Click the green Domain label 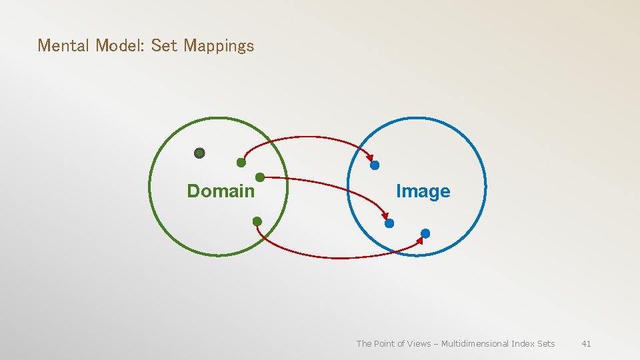[221, 191]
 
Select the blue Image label [423, 191]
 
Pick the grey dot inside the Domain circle [199, 153]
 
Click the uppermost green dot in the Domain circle [241, 163]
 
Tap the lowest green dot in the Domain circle [257, 221]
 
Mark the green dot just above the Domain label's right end [260, 177]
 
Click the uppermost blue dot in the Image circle [375, 165]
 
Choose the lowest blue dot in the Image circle [425, 233]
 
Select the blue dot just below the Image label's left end [390, 223]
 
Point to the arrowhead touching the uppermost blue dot [371, 158]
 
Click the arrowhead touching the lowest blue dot [419, 240]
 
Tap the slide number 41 [586, 344]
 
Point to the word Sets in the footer [546, 344]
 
